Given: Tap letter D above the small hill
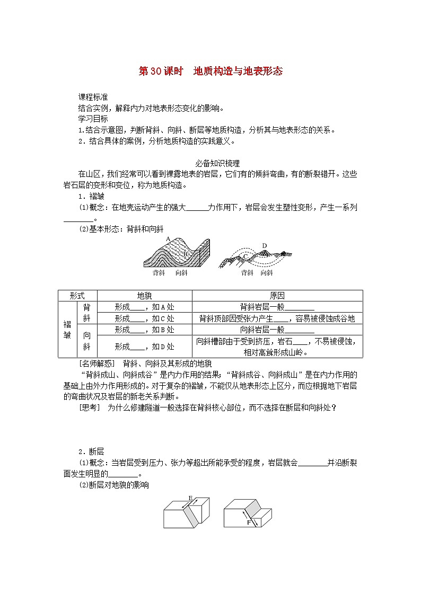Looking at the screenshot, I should (x=265, y=246).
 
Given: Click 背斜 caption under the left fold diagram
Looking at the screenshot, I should (x=159, y=273).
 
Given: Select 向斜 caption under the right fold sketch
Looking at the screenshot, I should (x=267, y=273).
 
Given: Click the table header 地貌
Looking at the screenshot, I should (x=144, y=296).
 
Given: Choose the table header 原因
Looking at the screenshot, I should (x=277, y=296).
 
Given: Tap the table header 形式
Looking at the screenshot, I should (x=77, y=296).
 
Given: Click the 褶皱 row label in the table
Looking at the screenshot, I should (x=67, y=330).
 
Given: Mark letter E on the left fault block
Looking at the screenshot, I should (x=191, y=498).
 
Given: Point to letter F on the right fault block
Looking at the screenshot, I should (x=248, y=522).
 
